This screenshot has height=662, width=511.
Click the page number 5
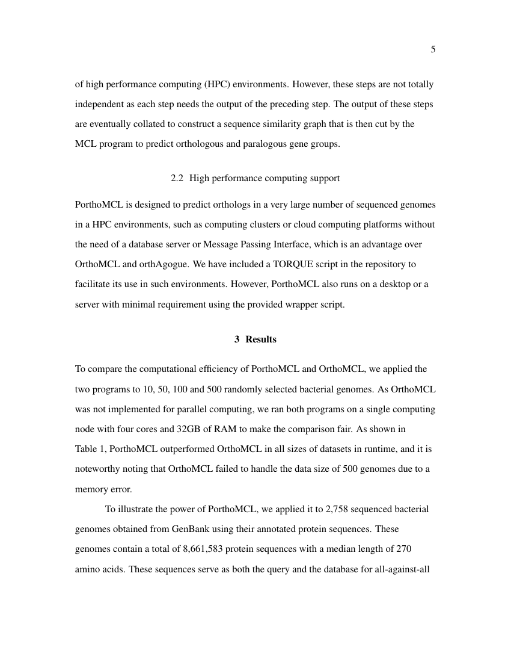(433, 49)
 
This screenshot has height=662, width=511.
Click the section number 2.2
(177, 178)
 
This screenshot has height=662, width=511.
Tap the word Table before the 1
(87, 449)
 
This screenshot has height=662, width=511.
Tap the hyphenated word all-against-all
(401, 569)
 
